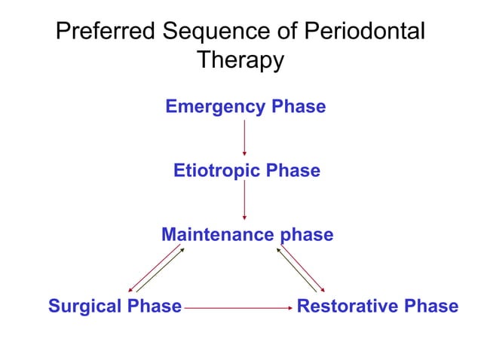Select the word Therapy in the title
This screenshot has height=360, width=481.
(240, 60)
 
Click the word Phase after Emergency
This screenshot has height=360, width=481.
(299, 107)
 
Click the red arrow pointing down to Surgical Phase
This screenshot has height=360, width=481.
(152, 269)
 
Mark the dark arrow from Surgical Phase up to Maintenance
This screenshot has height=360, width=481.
(162, 270)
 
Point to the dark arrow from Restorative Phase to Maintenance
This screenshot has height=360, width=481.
(296, 270)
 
